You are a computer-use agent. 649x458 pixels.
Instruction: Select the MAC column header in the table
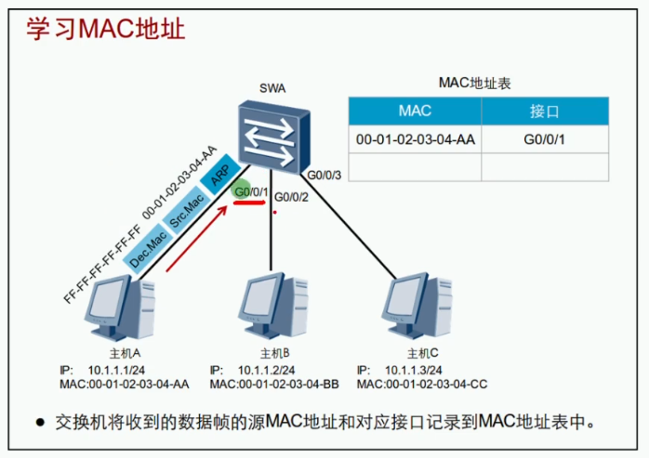tap(414, 111)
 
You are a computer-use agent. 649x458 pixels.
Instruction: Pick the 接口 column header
tap(544, 111)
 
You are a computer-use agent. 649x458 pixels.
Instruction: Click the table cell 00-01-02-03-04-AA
tap(416, 139)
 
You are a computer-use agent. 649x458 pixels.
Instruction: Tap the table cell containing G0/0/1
tap(545, 139)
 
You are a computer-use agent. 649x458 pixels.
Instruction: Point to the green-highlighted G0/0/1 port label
tap(251, 192)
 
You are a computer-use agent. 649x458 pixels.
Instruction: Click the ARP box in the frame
tap(220, 176)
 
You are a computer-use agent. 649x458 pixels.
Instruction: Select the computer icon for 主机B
tap(271, 307)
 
